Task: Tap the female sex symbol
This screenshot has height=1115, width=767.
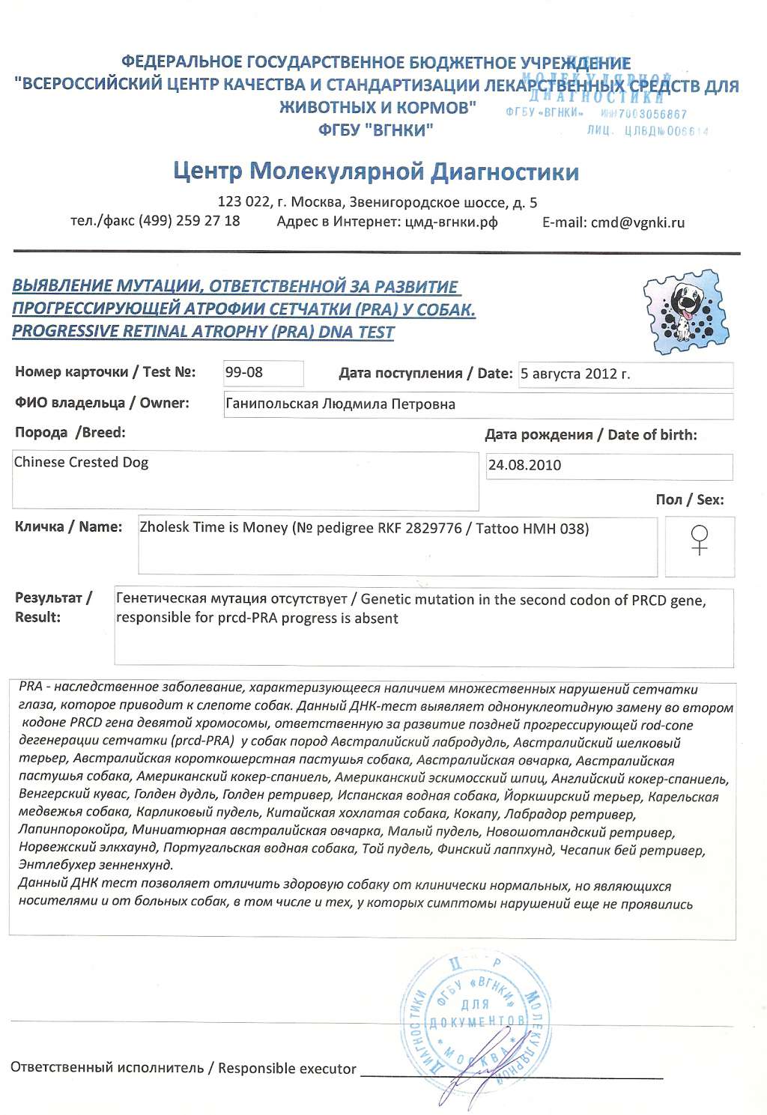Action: (x=699, y=540)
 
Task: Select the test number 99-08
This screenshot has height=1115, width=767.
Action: (x=244, y=372)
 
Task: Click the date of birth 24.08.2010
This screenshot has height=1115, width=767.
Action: (x=524, y=465)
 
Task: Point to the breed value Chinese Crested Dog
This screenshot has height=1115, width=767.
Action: (x=81, y=462)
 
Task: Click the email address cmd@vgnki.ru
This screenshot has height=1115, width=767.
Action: (x=637, y=222)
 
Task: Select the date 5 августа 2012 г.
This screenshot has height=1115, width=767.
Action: (x=575, y=374)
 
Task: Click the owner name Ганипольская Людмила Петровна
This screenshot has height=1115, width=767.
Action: (x=340, y=404)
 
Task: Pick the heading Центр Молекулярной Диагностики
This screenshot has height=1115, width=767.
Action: (x=376, y=172)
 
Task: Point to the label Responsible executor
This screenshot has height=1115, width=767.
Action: (x=287, y=1069)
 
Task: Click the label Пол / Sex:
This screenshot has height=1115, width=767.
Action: (x=689, y=499)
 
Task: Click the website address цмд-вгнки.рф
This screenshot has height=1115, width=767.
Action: (x=450, y=222)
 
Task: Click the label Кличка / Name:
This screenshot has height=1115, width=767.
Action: (x=68, y=526)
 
